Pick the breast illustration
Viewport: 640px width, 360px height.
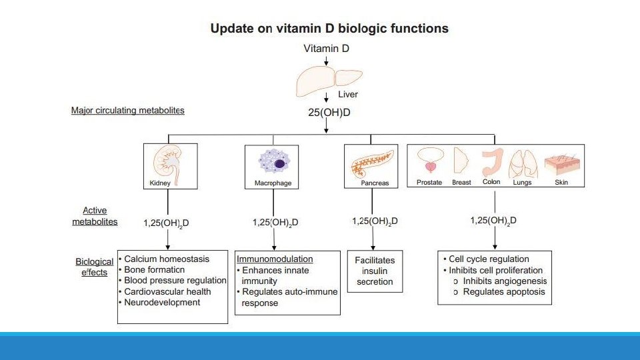point(461,161)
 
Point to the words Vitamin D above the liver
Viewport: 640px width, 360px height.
point(326,48)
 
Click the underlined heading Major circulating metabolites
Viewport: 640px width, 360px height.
point(127,110)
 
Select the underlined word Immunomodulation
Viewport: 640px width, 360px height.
point(275,259)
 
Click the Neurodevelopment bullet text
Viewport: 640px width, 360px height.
point(162,302)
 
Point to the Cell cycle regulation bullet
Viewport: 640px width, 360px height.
point(489,259)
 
